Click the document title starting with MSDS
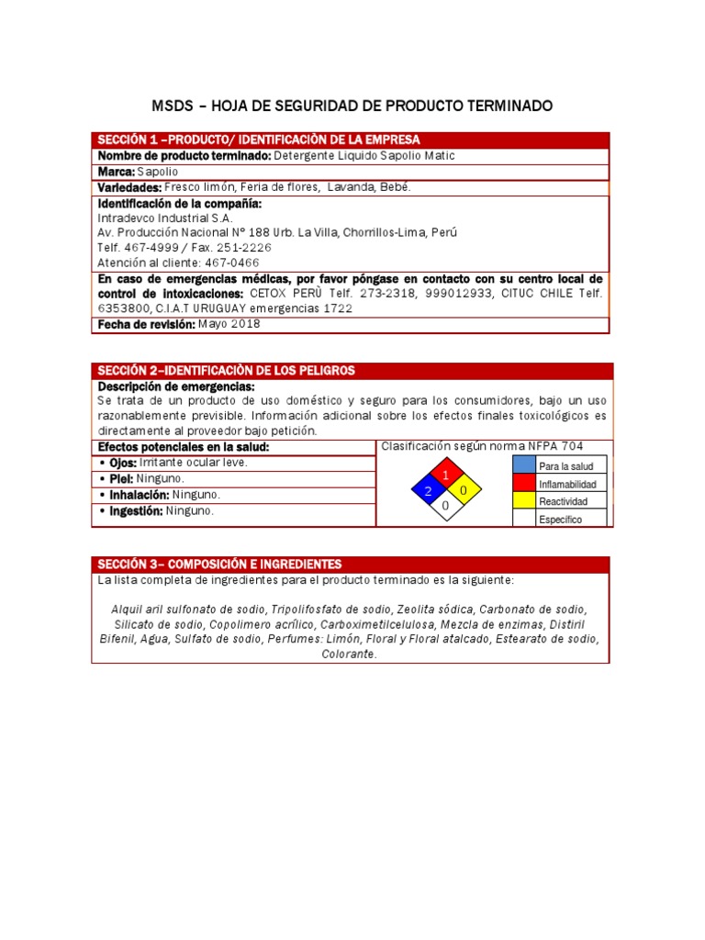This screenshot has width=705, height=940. tap(352, 106)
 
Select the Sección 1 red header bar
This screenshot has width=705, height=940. tap(350, 140)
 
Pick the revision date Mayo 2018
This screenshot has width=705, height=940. tap(229, 324)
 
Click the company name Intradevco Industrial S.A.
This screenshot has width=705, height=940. tap(165, 218)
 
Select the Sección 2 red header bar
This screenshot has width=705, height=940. tap(350, 370)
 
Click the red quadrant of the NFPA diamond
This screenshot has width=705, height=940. tap(446, 475)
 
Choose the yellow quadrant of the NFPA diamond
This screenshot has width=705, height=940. tap(464, 491)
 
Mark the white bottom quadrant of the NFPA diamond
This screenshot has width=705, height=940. tap(446, 507)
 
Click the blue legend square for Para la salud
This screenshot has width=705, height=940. tap(523, 466)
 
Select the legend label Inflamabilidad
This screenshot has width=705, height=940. tap(567, 484)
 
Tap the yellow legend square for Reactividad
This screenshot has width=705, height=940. tap(523, 501)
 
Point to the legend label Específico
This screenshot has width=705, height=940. tap(560, 520)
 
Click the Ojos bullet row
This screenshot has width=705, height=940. tap(233, 463)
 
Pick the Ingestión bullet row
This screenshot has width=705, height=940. tap(233, 511)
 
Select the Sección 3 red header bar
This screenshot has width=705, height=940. tap(350, 564)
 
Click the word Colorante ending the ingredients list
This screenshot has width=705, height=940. tap(350, 655)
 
